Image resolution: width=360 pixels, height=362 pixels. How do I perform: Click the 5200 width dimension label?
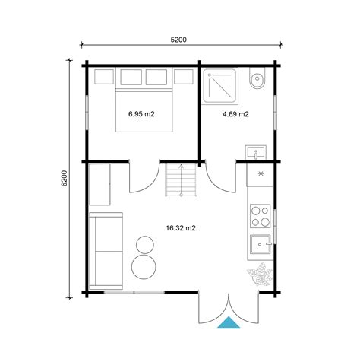[x=178, y=40]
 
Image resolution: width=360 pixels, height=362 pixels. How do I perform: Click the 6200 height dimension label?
[x=65, y=179]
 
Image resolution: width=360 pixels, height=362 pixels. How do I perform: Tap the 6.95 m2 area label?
[x=141, y=114]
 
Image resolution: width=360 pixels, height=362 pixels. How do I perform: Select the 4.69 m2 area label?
[x=235, y=114]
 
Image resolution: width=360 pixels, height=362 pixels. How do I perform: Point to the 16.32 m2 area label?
[x=181, y=228]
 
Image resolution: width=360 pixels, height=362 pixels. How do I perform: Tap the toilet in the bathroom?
[x=257, y=78]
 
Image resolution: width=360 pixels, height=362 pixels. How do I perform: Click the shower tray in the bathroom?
[x=220, y=86]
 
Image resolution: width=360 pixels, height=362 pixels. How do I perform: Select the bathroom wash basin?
[x=256, y=152]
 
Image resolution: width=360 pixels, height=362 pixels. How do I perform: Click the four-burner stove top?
[x=261, y=216]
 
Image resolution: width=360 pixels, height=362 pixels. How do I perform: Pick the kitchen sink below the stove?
[x=261, y=244]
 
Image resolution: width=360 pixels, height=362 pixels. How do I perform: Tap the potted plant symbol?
[x=260, y=275]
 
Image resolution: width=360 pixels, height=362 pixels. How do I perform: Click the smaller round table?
[x=145, y=245]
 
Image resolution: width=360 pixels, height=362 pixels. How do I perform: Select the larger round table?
[x=144, y=267]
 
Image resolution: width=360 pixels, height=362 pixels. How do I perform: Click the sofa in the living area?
[x=106, y=251]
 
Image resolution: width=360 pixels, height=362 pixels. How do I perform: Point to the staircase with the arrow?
[x=181, y=179]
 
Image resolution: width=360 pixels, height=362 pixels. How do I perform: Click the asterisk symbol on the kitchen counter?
[x=261, y=173]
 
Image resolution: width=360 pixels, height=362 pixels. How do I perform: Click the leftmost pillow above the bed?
[x=104, y=77]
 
